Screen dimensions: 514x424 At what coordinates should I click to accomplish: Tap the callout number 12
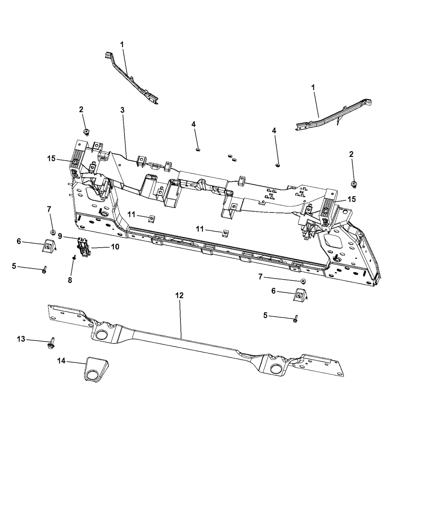click(179, 295)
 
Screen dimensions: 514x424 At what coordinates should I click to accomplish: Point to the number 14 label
click(62, 362)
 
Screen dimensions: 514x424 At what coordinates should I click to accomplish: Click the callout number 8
click(70, 280)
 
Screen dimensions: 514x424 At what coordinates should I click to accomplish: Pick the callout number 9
click(59, 236)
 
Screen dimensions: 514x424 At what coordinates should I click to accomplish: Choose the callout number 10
click(115, 246)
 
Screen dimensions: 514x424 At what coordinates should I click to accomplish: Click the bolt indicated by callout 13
click(53, 342)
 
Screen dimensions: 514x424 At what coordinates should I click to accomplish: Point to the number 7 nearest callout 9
click(49, 209)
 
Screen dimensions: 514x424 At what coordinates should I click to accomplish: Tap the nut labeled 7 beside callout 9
click(52, 232)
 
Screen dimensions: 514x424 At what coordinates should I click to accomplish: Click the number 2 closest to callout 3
click(81, 109)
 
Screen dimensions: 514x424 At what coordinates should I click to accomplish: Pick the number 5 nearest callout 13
click(14, 266)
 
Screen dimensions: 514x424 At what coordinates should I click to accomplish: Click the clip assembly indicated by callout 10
click(83, 246)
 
